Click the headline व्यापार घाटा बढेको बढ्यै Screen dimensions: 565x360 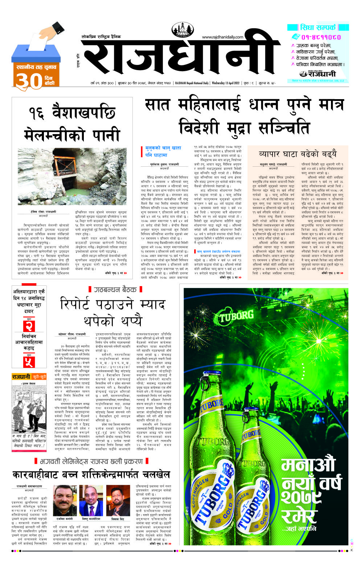coord(298,154)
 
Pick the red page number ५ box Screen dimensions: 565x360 coord(29,362)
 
